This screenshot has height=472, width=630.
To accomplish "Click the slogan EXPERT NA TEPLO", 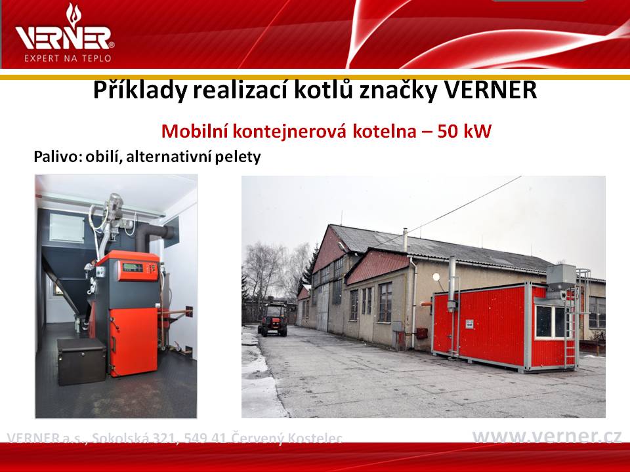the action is [68, 58].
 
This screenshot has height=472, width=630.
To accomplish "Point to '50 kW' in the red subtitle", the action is [464, 131].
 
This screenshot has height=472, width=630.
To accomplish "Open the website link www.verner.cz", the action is [547, 437].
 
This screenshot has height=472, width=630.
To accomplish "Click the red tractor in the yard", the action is [274, 319].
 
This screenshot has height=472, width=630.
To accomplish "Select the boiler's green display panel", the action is [133, 267].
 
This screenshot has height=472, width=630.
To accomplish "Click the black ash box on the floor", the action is [81, 361].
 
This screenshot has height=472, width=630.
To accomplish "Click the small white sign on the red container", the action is [469, 324].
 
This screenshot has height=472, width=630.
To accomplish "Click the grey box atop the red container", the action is [561, 277].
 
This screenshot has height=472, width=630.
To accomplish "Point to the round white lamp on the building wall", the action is [436, 277].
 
